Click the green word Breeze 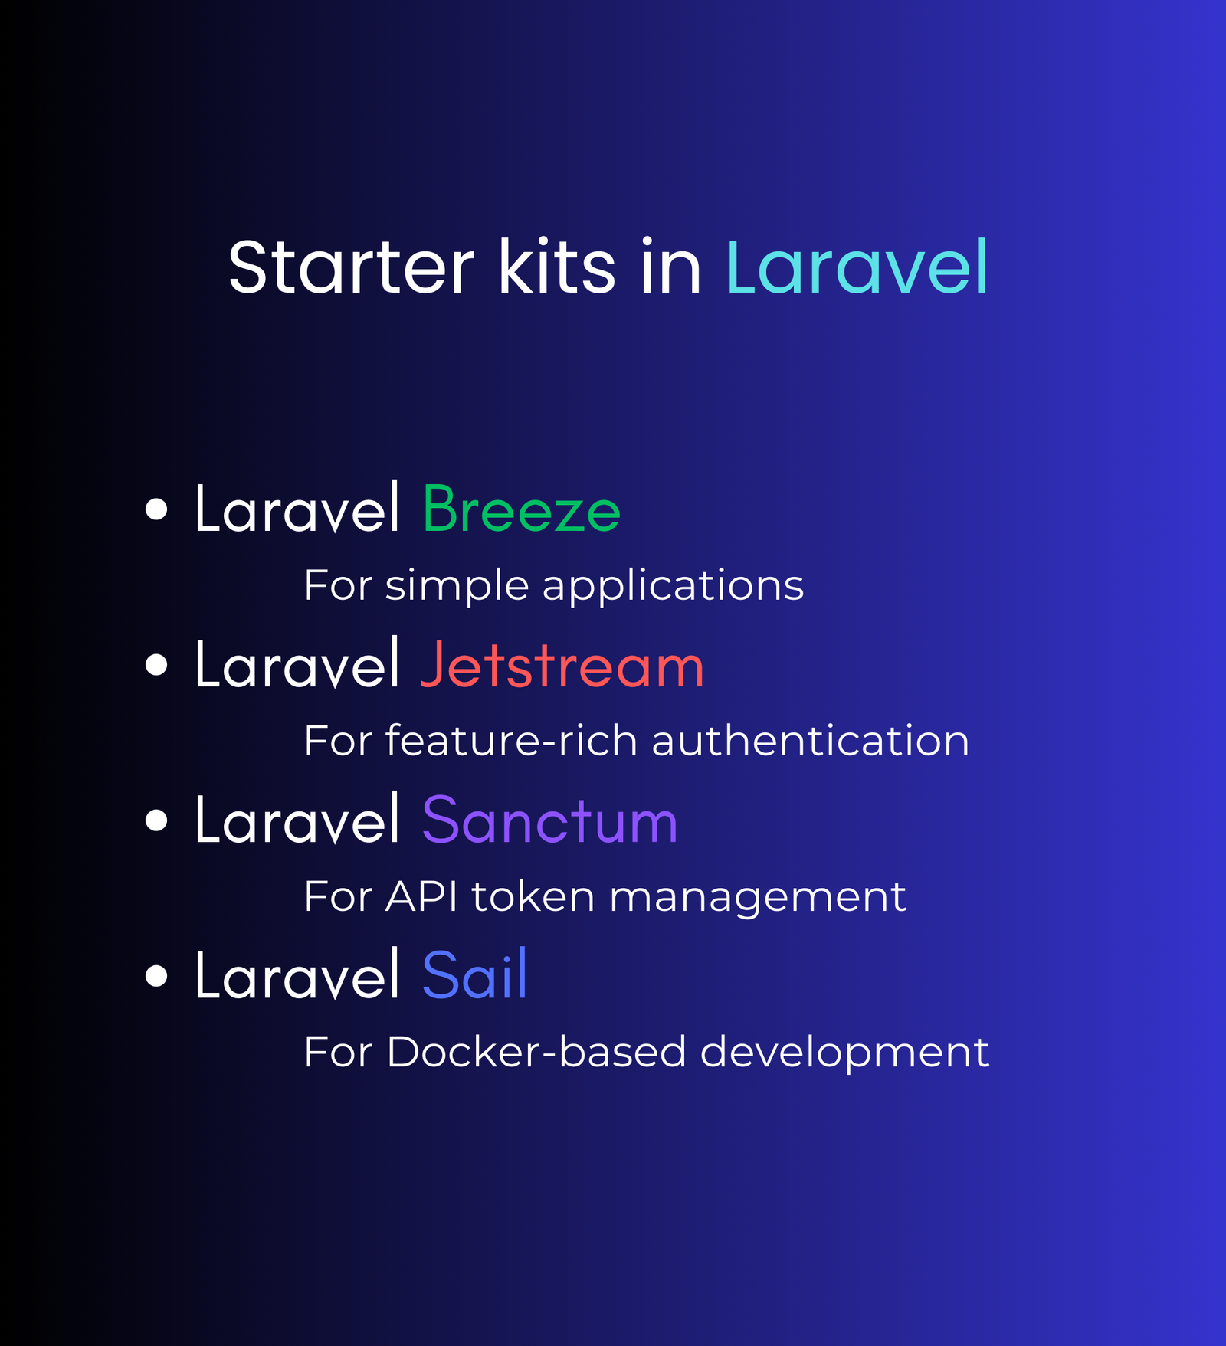click(521, 509)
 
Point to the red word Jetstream click(562, 664)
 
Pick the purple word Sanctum click(549, 820)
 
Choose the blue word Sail click(474, 974)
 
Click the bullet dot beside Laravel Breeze click(156, 509)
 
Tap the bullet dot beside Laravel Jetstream click(156, 665)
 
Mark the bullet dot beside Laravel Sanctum click(156, 820)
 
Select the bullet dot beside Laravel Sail click(156, 976)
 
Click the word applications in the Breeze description click(673, 587)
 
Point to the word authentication click(810, 741)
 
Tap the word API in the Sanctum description click(421, 896)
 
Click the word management click(757, 899)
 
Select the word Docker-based click(536, 1051)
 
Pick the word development click(844, 1053)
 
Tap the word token click(533, 896)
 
